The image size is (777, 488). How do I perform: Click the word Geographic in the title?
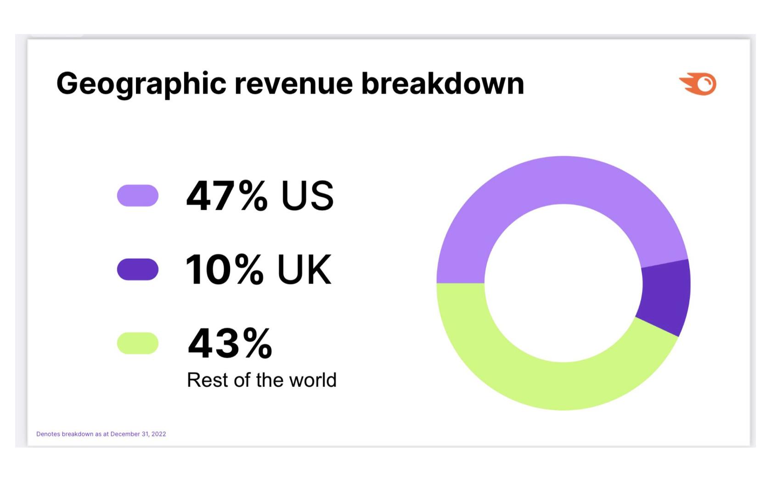[141, 84]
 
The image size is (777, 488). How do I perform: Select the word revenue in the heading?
[293, 84]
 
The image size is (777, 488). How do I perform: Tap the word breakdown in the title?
[442, 84]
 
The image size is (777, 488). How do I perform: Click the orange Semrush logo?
[698, 84]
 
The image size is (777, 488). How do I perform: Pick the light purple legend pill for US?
[138, 196]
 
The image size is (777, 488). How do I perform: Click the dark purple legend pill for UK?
[138, 269]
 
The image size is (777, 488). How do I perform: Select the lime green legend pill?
[138, 343]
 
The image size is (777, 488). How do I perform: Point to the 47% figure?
[226, 196]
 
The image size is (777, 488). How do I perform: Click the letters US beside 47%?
[307, 196]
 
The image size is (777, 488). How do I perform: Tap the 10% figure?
[225, 270]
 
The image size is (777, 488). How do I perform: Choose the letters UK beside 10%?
[304, 270]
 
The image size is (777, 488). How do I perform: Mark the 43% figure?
[230, 343]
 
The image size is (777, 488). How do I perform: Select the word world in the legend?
[315, 380]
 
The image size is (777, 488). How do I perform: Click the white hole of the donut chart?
[563, 283]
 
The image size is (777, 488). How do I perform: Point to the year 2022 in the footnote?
[158, 434]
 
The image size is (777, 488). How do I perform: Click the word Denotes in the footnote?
[48, 434]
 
